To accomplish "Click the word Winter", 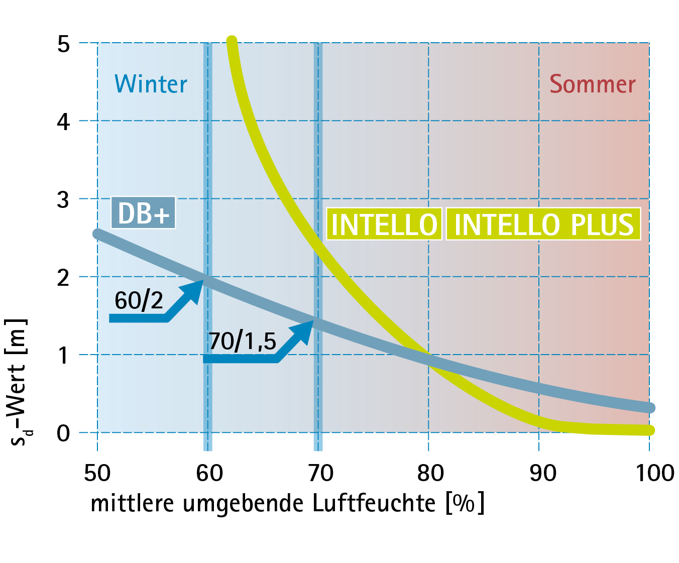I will coord(151,84).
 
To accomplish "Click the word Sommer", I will coord(592,84).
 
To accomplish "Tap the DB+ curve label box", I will coord(143,213).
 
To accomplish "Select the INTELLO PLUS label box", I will coord(543,224).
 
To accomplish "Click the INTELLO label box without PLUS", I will coord(384,224).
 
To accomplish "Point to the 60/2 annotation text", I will coord(139,300).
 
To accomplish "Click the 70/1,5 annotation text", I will coord(242,342).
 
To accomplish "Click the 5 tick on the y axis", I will coord(63,44).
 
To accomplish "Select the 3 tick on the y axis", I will coord(63,200).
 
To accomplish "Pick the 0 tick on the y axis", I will coord(63,433).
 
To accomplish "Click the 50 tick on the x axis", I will coord(97,473).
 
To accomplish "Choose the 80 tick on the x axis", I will coord(430,473).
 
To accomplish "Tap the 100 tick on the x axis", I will coord(654,473).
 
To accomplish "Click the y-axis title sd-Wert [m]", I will coord(18,382).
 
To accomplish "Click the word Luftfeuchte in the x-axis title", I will coord(374,503).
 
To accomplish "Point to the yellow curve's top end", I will coord(232,41).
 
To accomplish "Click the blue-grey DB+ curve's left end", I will coord(97,234).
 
